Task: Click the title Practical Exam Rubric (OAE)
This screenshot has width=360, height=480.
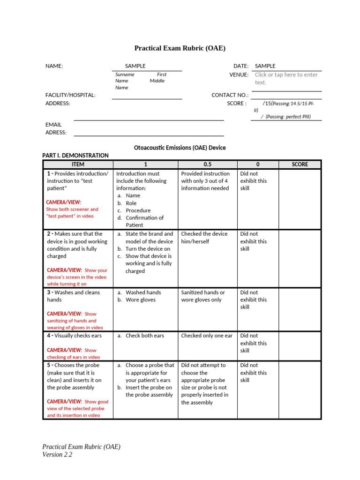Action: click(180, 48)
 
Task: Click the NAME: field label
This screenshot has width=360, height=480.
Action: click(54, 66)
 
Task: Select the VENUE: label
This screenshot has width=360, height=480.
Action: click(239, 75)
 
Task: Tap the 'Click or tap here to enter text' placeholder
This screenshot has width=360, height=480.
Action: click(286, 78)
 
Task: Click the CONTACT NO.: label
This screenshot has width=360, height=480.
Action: click(230, 95)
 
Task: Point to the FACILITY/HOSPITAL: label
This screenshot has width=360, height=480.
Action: click(70, 95)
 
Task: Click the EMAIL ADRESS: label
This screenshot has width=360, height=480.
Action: click(56, 128)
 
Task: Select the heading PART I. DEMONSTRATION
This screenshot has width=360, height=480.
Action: click(75, 155)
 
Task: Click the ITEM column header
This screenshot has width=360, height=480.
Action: click(78, 164)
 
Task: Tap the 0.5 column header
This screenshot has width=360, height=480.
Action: click(207, 164)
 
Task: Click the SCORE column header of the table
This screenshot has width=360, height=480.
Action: click(300, 164)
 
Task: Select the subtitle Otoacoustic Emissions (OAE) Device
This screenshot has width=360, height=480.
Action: click(180, 148)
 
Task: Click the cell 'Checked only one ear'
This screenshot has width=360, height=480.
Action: click(207, 336)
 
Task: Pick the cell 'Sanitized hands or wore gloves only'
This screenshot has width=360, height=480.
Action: click(203, 296)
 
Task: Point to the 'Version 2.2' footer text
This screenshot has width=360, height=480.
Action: click(57, 454)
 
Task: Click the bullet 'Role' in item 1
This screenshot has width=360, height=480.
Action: click(131, 203)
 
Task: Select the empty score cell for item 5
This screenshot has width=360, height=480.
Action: click(300, 390)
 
